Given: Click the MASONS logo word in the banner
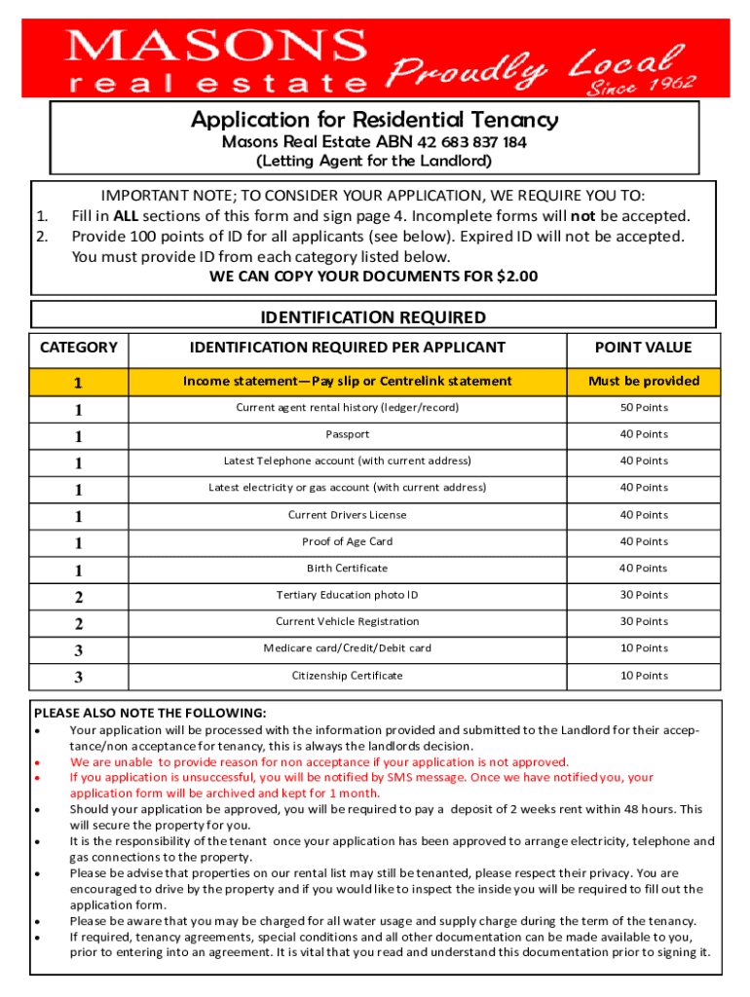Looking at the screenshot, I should (x=216, y=46).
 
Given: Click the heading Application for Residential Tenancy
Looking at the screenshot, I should (x=375, y=120).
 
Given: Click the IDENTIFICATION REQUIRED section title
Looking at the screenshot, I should (x=373, y=317).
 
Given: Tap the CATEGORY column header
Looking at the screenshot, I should (x=79, y=348).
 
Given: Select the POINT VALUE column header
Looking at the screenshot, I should (x=643, y=348).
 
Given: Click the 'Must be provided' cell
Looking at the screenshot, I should (x=643, y=381).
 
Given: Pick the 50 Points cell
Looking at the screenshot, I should (x=644, y=407).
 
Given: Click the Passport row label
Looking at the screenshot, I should (x=347, y=434).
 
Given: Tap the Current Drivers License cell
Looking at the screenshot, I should (x=347, y=515).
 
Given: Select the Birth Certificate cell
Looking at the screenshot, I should (x=347, y=568).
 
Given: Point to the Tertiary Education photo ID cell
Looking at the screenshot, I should (x=347, y=595).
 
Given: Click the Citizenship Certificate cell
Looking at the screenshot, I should (x=347, y=675).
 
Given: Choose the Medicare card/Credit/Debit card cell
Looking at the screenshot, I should (x=347, y=648).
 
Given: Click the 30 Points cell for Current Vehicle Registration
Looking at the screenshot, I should (x=644, y=621).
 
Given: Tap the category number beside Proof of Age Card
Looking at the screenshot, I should (x=78, y=542).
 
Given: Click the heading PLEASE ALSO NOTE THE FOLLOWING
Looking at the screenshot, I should (x=150, y=713).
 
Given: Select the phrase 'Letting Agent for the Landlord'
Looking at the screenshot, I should (x=374, y=161).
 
